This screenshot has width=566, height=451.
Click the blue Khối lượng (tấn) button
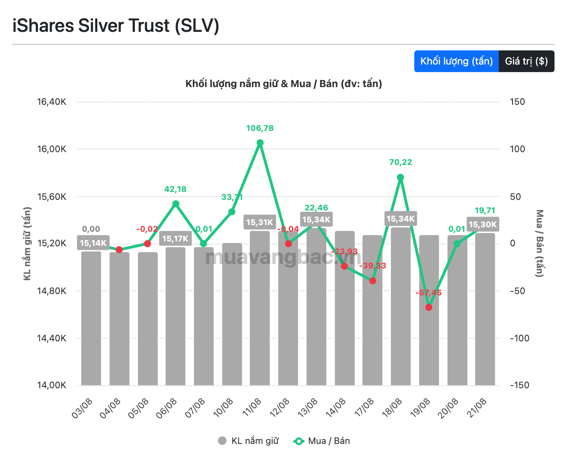tap(456, 61)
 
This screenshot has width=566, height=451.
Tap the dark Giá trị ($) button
tap(526, 61)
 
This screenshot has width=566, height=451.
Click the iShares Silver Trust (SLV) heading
tap(116, 26)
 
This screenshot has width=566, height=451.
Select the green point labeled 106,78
tap(260, 143)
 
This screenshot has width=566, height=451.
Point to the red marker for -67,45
tap(429, 307)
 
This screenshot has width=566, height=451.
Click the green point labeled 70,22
tap(400, 177)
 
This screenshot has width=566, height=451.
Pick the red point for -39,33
tap(372, 281)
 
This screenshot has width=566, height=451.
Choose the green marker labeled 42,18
tap(176, 204)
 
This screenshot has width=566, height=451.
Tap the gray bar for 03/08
tap(91, 318)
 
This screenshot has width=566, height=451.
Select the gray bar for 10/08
tap(232, 314)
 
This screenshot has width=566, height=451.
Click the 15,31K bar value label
tap(260, 222)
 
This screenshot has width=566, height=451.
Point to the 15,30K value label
tap(482, 224)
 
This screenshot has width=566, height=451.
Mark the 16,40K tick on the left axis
tap(52, 102)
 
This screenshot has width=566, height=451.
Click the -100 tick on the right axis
tap(520, 338)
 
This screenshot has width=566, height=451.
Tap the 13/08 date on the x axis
tap(307, 408)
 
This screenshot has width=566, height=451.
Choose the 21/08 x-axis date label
tap(476, 408)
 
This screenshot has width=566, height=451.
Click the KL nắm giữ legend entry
tap(248, 441)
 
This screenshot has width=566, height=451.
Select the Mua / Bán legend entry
tap(321, 441)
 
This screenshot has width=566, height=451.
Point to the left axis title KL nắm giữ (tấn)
tap(27, 244)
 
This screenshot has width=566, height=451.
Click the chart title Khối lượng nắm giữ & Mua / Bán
tap(283, 84)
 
